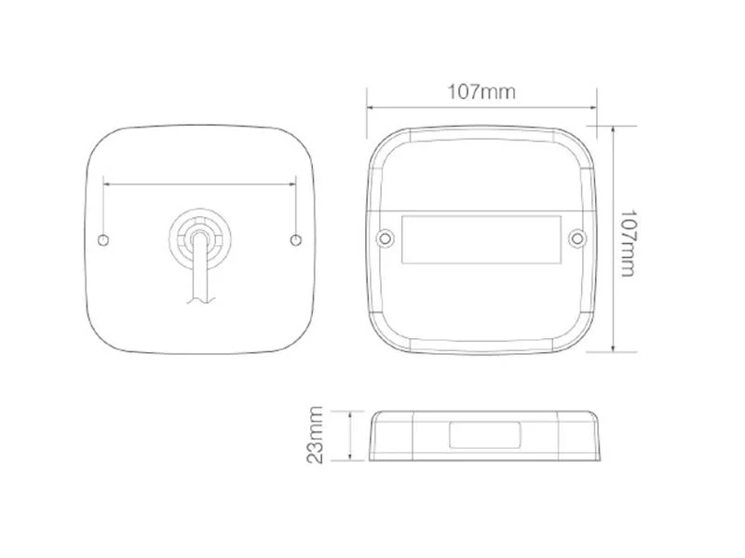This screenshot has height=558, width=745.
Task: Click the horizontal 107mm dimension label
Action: click(x=481, y=91)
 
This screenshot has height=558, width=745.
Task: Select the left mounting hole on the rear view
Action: click(x=103, y=241)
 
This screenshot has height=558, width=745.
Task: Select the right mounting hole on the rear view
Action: click(x=296, y=241)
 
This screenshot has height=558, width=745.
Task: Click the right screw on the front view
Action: click(x=578, y=240)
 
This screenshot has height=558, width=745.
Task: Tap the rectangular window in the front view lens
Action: click(x=481, y=239)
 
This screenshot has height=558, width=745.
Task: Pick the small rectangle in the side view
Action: click(x=484, y=434)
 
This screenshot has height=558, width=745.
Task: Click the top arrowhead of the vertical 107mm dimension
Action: click(x=612, y=131)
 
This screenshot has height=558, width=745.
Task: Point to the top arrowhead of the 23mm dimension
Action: click(x=350, y=414)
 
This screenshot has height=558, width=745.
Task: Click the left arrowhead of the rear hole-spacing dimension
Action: click(x=108, y=184)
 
